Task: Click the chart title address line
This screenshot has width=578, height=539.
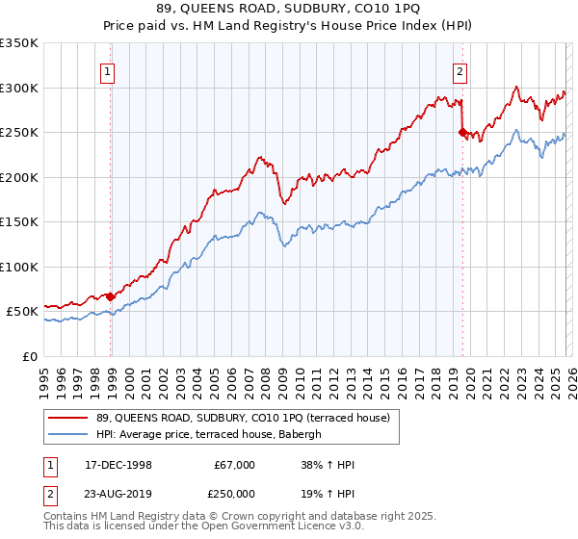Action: [288, 9]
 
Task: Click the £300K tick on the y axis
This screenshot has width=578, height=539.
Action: [18, 88]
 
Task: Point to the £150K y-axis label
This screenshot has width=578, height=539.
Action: [18, 221]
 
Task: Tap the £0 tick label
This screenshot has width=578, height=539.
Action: [30, 356]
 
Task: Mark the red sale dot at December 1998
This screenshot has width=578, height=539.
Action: [111, 296]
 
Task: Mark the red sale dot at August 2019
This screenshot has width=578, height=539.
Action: [462, 133]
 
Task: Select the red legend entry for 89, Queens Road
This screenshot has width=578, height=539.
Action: [242, 418]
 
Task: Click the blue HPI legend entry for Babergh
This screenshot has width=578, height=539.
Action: [213, 435]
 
